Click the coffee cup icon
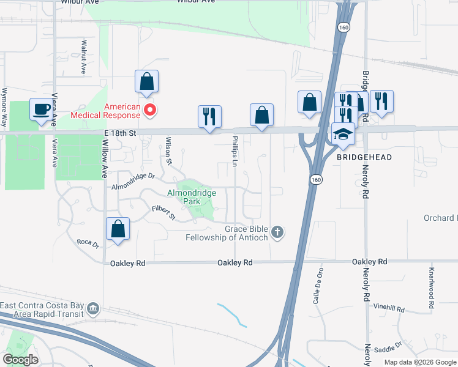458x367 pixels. coord(42,109)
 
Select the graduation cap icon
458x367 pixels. coord(343,135)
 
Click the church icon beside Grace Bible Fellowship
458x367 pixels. coord(278,232)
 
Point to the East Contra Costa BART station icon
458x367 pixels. coord(93,307)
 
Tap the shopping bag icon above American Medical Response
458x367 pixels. coord(147,81)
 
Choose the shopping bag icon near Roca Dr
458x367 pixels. coord(118,229)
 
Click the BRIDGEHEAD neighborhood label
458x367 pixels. coord(355,157)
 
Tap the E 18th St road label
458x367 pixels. coord(119,132)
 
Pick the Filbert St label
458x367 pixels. coord(163,213)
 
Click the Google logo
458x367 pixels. coord(20,359)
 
